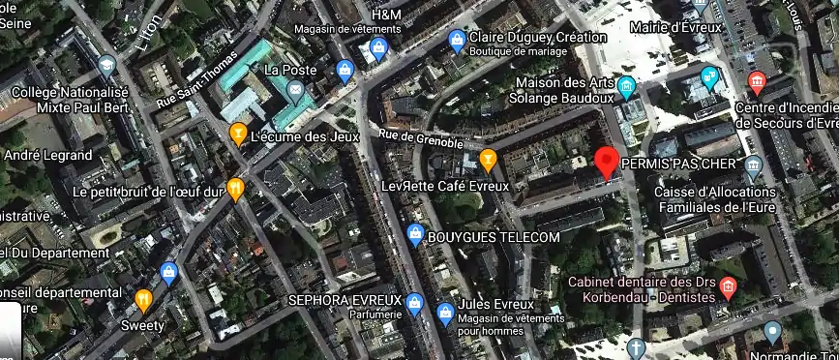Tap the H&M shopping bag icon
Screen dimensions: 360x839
(x=379, y=45)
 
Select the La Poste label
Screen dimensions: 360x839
(x=285, y=70)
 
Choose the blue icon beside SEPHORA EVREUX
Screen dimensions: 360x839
(x=415, y=303)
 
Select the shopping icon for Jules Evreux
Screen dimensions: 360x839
(x=445, y=312)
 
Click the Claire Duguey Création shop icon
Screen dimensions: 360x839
(x=456, y=39)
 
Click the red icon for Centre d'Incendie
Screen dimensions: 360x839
(x=758, y=79)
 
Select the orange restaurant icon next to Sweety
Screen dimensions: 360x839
(x=143, y=299)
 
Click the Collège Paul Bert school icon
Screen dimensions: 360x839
(x=106, y=66)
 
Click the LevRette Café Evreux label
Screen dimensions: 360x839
(x=444, y=186)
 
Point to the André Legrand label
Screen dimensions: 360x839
(x=43, y=155)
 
